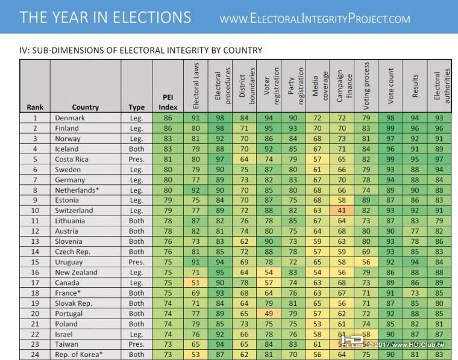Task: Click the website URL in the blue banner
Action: point(315,18)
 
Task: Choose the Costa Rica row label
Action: point(72,160)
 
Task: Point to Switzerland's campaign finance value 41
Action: point(342,211)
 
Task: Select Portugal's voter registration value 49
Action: point(268,313)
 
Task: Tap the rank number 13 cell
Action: point(35,241)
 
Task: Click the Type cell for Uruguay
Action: point(137,262)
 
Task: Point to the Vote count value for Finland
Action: point(391,129)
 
